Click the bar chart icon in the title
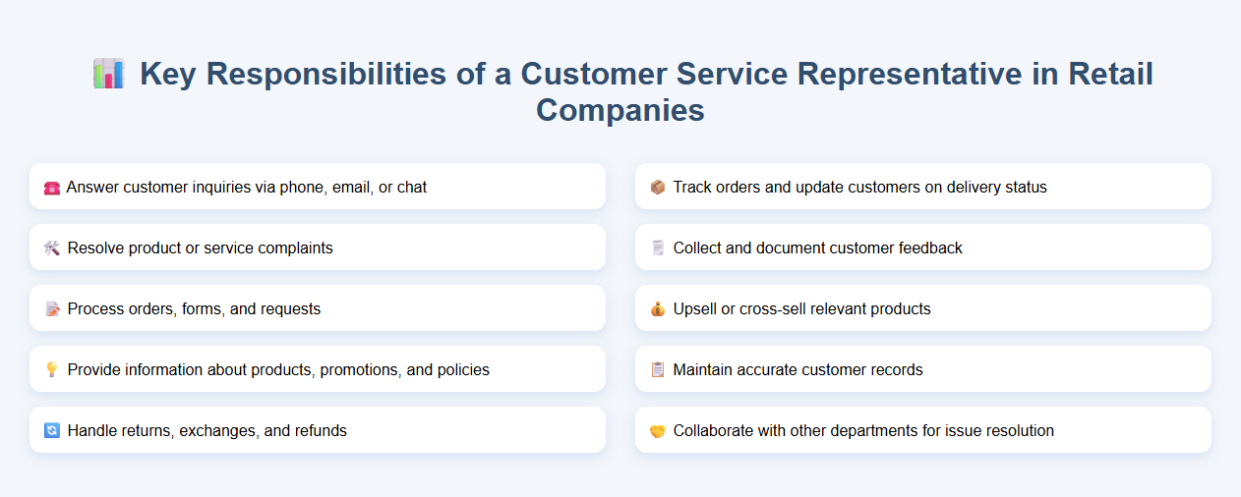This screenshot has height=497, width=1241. click(108, 74)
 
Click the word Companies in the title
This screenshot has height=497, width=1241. click(620, 110)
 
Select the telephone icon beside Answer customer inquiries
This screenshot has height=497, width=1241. click(52, 187)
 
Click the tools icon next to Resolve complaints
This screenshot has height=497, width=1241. click(52, 248)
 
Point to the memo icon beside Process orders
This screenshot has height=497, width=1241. click(52, 308)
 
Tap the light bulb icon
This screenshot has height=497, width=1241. click(52, 369)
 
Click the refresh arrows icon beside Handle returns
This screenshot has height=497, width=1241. click(52, 430)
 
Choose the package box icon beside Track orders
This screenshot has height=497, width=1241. click(658, 187)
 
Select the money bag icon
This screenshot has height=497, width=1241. click(658, 308)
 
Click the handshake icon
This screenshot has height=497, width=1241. click(658, 430)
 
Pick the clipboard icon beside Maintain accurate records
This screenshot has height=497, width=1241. click(658, 369)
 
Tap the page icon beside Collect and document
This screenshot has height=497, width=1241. click(658, 248)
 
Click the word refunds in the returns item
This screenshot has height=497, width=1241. click(321, 430)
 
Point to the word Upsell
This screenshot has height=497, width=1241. click(697, 308)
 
